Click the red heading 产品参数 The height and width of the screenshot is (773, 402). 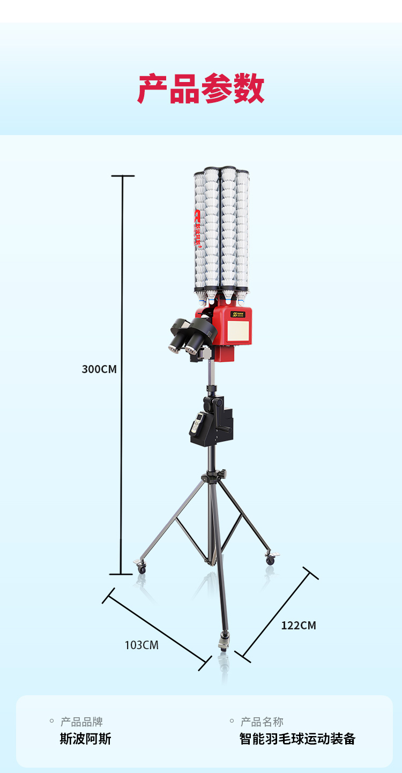click(201, 89)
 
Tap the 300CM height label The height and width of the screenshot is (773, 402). click(99, 369)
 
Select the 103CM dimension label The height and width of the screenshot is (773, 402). click(142, 645)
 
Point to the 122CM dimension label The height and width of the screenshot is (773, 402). click(299, 626)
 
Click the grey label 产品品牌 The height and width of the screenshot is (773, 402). click(81, 722)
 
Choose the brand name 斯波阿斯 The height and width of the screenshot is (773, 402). click(85, 739)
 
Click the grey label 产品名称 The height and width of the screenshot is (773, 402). click(262, 722)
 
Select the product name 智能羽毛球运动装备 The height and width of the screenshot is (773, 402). click(297, 739)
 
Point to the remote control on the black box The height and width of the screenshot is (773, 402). click(197, 423)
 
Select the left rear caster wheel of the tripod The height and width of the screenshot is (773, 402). click(141, 568)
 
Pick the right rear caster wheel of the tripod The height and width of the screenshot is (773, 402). click(271, 559)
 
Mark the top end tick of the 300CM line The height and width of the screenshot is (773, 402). click(122, 176)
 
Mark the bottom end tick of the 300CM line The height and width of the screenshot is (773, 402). click(121, 574)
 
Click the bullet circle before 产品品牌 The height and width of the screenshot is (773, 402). click(52, 722)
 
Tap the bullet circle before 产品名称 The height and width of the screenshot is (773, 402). click(232, 722)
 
